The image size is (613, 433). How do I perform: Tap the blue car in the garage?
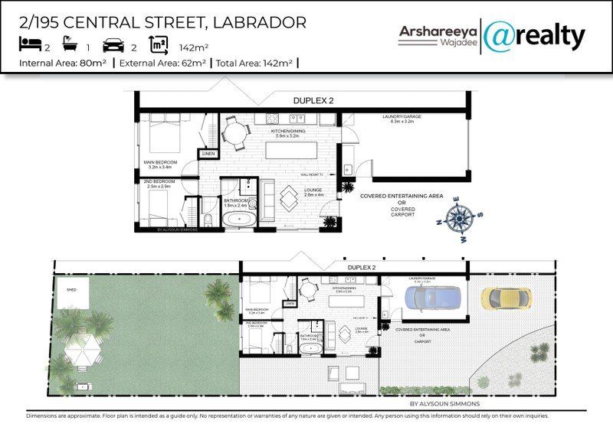coord(434,299)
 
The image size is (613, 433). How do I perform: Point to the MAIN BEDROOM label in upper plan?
coord(161,163)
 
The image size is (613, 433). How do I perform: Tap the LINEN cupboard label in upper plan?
coord(208,154)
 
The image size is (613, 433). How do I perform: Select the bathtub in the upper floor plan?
coord(241,219)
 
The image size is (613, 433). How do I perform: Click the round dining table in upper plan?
coord(234,133)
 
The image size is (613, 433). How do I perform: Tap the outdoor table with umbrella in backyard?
coord(83,351)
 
